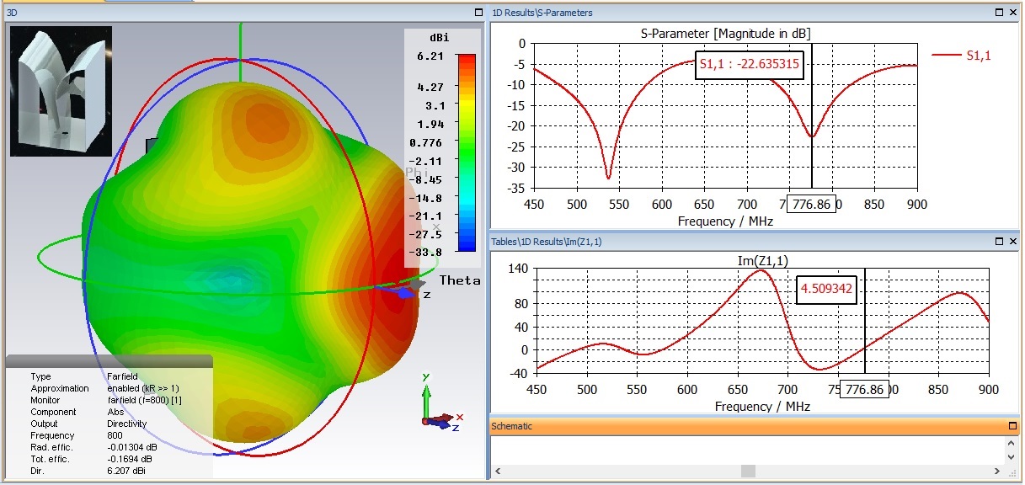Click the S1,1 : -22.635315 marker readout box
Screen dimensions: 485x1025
(x=749, y=63)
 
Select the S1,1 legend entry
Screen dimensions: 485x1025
(x=978, y=56)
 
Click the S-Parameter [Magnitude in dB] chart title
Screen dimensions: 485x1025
(x=725, y=33)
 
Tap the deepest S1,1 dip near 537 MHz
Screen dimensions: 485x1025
(x=608, y=177)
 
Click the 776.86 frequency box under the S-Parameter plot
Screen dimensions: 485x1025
(x=811, y=204)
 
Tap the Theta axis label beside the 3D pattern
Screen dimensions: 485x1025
(x=460, y=280)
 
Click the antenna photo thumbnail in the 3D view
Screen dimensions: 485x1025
(x=61, y=91)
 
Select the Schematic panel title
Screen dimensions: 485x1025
(x=512, y=426)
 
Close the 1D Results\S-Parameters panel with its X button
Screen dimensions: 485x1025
(x=1012, y=13)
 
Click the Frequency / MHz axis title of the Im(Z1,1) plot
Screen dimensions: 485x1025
(x=762, y=407)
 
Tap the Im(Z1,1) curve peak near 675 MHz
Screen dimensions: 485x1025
(x=761, y=270)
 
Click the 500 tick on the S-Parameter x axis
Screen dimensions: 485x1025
(x=576, y=205)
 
